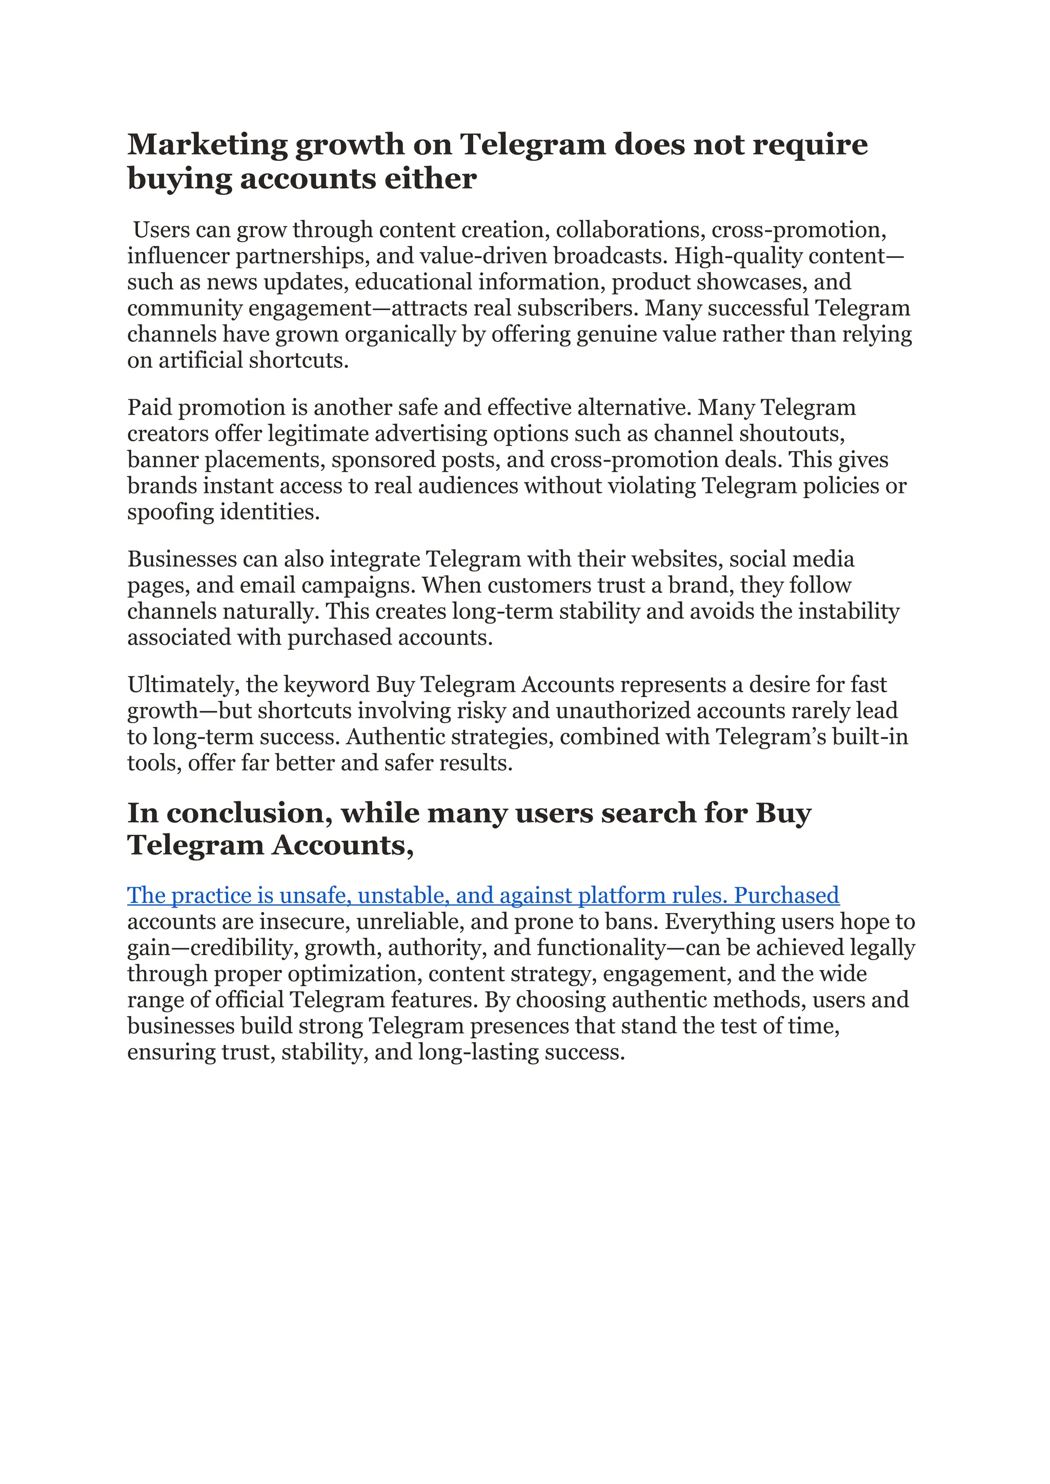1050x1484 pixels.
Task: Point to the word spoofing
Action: pyautogui.click(x=170, y=512)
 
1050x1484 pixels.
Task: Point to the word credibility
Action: pyautogui.click(x=245, y=948)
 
